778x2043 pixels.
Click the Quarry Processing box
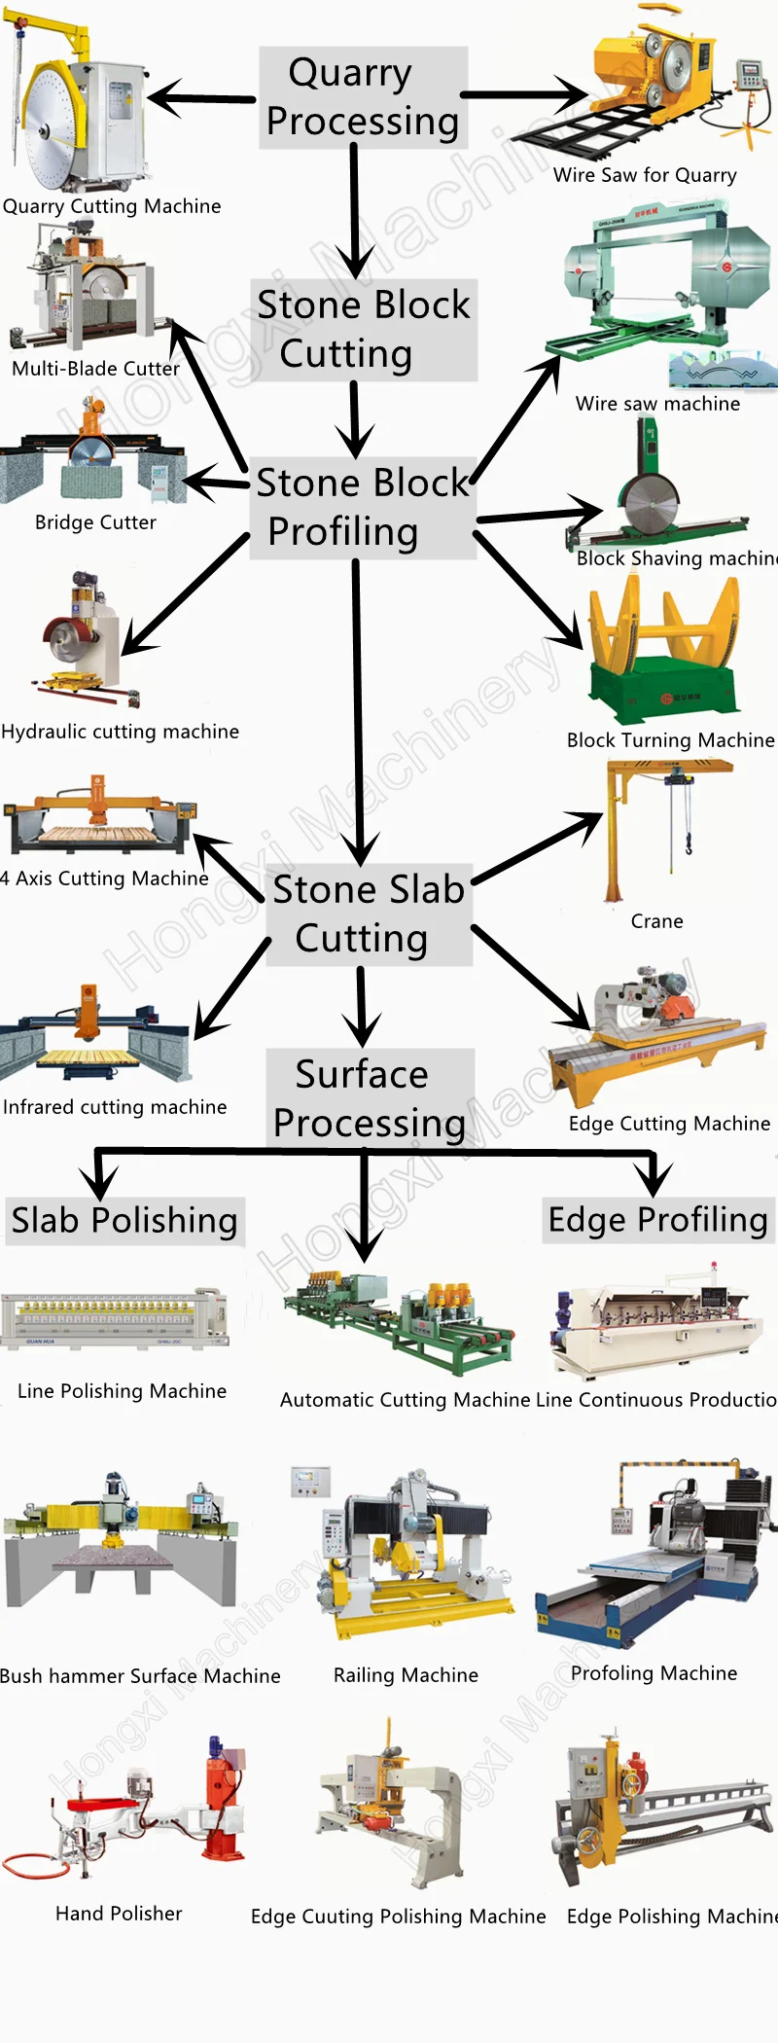(363, 97)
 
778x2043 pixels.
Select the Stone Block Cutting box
(364, 329)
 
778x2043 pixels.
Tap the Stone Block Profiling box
(362, 507)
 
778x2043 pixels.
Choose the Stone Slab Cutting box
(369, 914)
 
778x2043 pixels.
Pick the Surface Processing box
(370, 1097)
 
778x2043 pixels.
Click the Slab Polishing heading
(124, 1220)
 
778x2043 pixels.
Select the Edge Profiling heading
(658, 1220)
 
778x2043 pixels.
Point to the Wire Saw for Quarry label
(645, 175)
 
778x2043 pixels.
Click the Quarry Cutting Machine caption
(112, 206)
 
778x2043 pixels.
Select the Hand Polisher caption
(119, 1914)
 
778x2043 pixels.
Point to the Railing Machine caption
(406, 1675)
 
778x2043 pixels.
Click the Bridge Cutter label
(95, 522)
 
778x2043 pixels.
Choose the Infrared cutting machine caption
(115, 1107)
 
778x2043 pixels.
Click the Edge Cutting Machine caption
(669, 1124)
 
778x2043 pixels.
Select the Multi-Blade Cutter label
(95, 369)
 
